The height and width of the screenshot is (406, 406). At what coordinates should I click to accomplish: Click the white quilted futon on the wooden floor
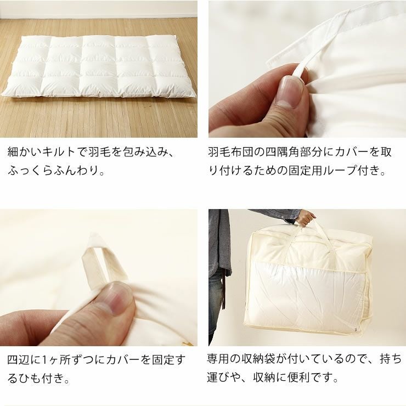tap(99, 66)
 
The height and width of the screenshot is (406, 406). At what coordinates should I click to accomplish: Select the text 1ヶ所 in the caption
tap(55, 360)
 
